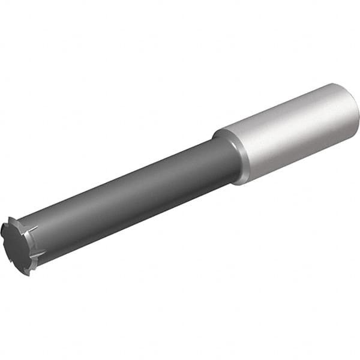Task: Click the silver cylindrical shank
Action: click(x=288, y=132)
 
